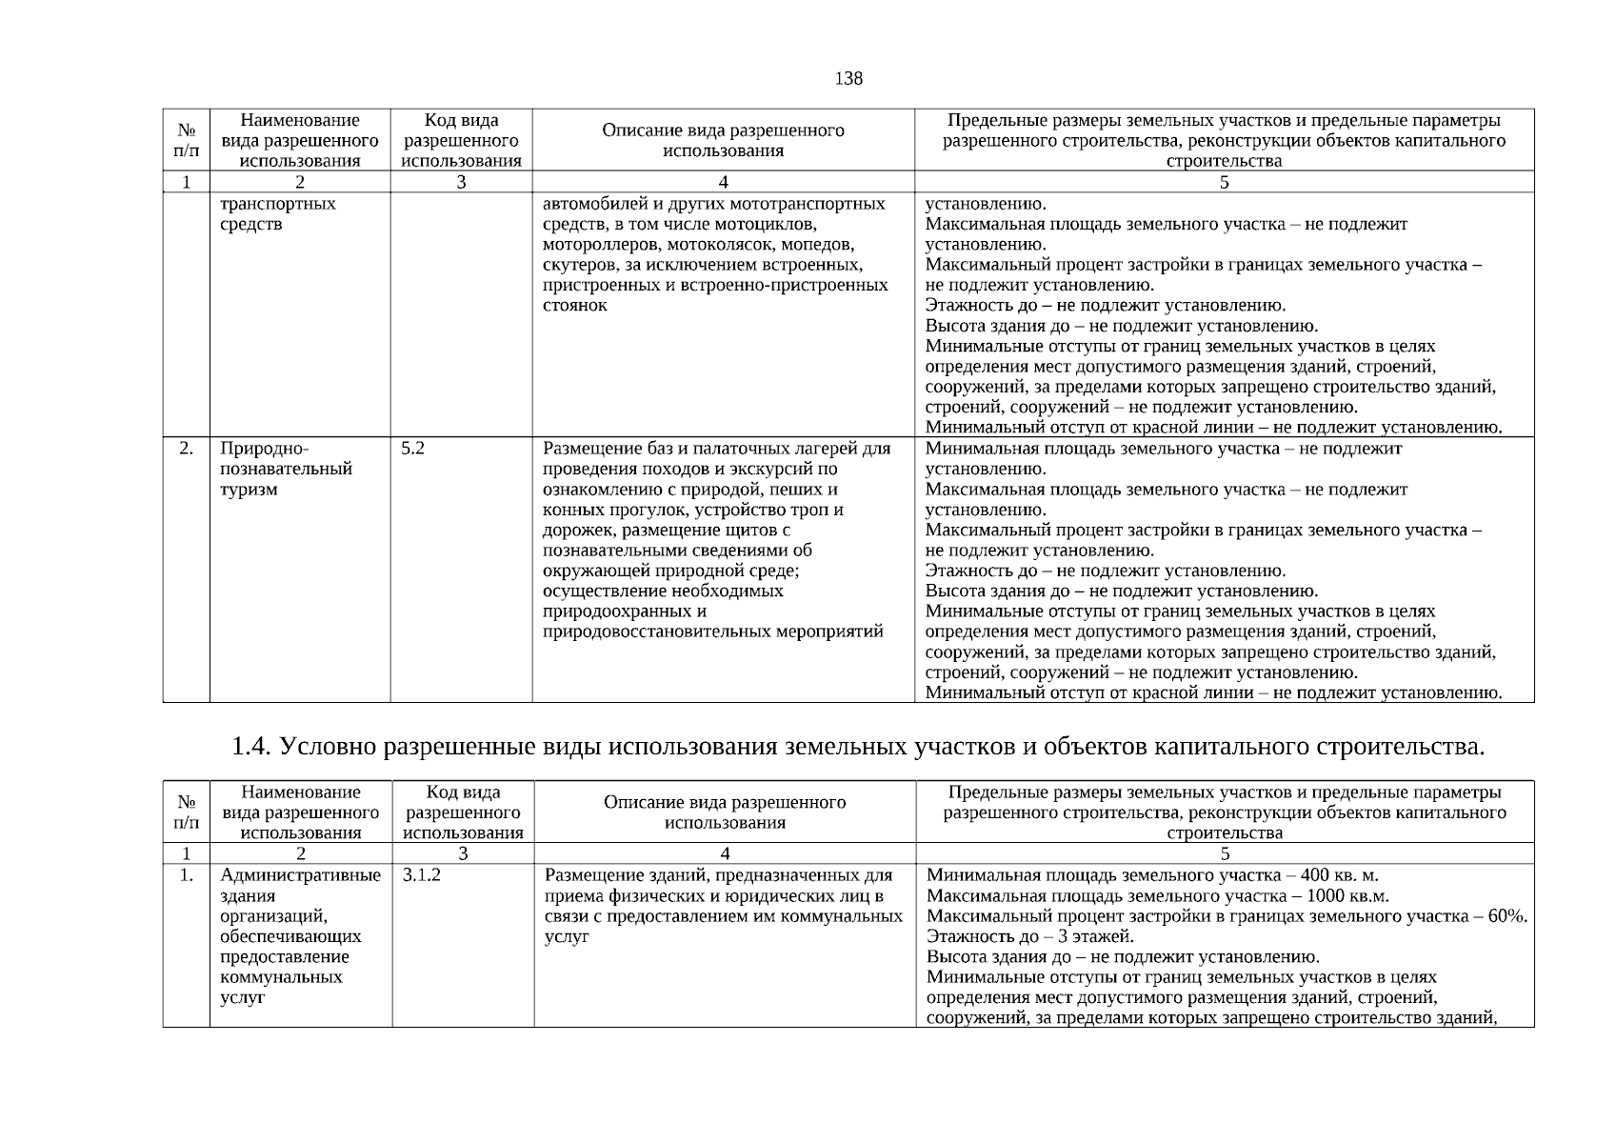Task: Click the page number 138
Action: point(848,78)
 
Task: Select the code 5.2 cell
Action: point(412,448)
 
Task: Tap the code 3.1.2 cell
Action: point(422,874)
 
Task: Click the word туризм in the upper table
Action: point(249,489)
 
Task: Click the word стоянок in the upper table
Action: point(574,305)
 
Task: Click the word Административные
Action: point(300,874)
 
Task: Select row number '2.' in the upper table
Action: point(187,448)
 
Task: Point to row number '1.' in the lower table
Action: point(187,874)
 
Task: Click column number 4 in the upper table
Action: point(724,182)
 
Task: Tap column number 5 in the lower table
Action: point(1225,853)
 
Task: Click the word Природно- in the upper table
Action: point(265,448)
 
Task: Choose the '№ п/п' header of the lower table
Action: point(187,812)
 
